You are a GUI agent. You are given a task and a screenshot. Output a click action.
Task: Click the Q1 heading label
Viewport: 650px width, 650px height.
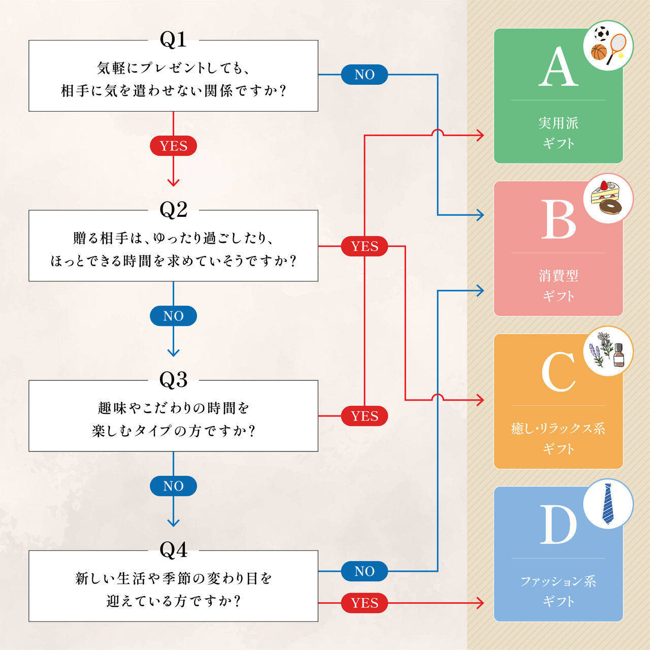click(173, 40)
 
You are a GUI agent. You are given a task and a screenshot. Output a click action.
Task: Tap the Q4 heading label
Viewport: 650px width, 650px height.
click(173, 550)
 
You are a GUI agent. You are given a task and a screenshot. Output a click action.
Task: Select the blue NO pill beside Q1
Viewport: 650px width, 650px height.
click(365, 75)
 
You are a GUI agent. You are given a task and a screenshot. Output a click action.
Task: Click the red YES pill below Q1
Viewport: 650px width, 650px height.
click(173, 146)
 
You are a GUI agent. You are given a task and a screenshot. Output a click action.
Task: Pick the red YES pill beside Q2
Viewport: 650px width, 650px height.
click(365, 246)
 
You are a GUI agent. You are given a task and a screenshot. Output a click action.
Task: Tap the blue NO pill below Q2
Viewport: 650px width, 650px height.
click(173, 316)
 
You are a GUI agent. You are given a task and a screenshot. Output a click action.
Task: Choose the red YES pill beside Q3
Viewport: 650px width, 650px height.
click(365, 416)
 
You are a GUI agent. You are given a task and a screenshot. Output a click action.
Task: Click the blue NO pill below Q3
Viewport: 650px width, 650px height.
click(173, 486)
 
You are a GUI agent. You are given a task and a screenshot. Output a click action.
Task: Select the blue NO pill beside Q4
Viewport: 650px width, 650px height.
click(365, 571)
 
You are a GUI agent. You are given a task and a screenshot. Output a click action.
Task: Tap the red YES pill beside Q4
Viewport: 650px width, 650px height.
click(365, 603)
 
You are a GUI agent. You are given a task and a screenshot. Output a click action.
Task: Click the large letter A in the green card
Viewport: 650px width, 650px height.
click(558, 67)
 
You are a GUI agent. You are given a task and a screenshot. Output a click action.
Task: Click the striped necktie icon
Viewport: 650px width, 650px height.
click(607, 504)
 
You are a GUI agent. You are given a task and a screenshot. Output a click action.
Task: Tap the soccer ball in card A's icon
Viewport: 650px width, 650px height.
click(602, 34)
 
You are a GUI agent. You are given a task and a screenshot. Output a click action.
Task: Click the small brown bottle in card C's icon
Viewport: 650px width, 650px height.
click(619, 355)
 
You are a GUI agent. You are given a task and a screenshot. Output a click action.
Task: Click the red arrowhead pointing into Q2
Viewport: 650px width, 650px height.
click(173, 182)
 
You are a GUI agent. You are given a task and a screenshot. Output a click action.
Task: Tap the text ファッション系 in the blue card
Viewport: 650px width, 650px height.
click(558, 581)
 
